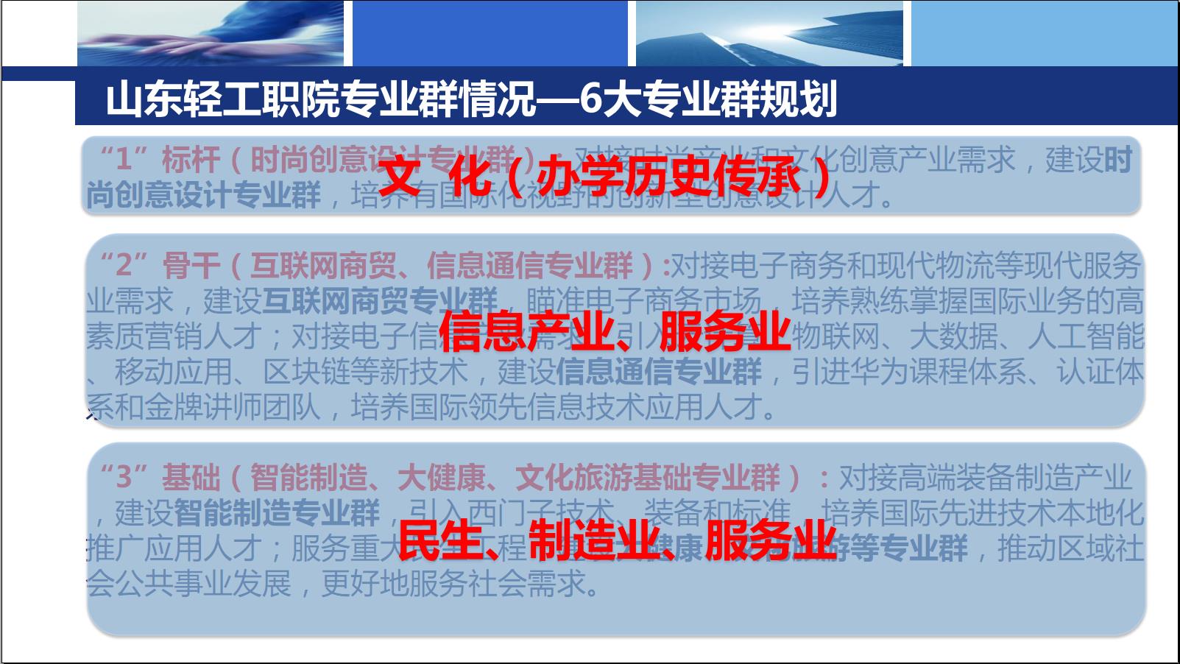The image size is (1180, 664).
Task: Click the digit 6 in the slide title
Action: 591,99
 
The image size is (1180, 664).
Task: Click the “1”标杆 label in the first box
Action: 159,159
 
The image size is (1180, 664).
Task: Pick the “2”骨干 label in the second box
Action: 159,265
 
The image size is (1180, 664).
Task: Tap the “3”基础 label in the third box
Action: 159,477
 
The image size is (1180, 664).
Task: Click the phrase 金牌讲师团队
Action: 231,406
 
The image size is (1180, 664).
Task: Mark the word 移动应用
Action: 172,371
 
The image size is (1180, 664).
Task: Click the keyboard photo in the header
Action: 210,33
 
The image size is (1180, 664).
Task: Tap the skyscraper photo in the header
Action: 769,33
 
